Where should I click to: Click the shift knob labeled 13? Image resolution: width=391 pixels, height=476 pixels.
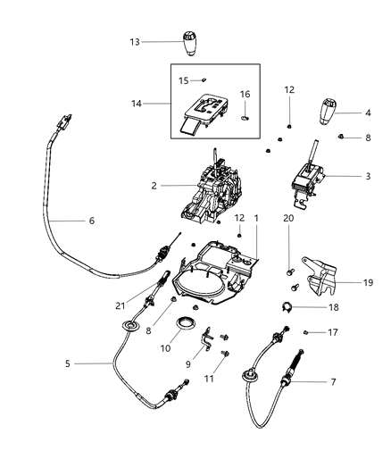tap(189, 44)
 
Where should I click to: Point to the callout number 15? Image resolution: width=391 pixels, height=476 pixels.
tap(182, 80)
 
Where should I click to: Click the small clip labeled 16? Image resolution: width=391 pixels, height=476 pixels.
tap(244, 113)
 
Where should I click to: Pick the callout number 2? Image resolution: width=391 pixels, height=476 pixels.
tap(154, 186)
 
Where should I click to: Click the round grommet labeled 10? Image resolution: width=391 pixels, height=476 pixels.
tap(188, 322)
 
